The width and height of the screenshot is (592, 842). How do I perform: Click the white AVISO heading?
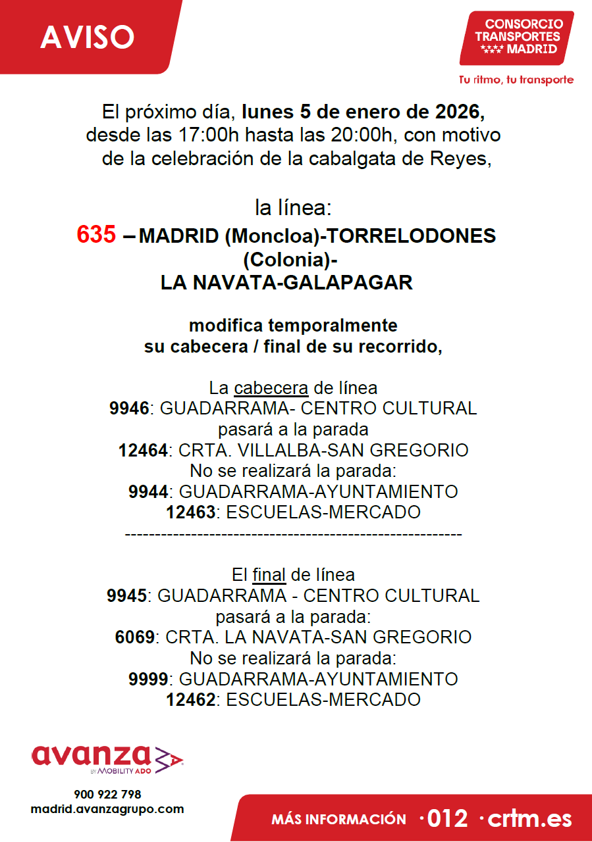pos(87,37)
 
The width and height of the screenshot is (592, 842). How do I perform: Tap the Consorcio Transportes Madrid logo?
pos(517,37)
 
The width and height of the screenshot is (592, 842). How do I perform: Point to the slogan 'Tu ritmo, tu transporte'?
pos(516,80)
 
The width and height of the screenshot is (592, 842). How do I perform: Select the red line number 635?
pos(96,235)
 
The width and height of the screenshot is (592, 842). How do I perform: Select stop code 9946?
pos(129,409)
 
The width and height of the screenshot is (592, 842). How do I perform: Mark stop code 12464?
pos(143,451)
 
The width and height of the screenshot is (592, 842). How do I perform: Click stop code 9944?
pos(149,491)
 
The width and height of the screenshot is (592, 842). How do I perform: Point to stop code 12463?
pos(190,512)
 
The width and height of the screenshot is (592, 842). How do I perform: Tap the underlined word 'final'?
pos(269,575)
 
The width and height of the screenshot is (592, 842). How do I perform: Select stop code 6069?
pos(135,637)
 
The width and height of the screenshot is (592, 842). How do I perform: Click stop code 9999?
pos(149,679)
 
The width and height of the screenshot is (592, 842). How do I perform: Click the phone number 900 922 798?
pos(107,795)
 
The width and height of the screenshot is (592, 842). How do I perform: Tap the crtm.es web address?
pos(531,819)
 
